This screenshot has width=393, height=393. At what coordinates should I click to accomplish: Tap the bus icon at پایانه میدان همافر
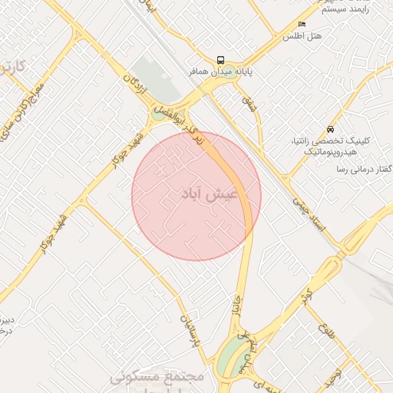point(220,59)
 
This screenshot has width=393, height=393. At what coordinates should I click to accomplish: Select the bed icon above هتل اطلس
point(302,25)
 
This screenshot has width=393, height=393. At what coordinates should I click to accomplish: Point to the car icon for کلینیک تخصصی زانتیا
point(330,129)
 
